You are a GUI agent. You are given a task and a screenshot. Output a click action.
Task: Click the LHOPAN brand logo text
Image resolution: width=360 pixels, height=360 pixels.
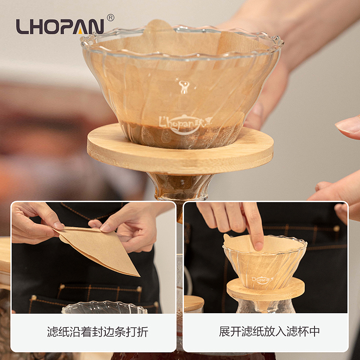[x=60, y=27]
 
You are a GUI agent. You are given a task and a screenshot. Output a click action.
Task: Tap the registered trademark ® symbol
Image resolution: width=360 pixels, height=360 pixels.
[x=111, y=18]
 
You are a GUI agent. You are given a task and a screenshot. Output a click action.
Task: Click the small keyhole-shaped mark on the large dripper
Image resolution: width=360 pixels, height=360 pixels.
[x=184, y=87]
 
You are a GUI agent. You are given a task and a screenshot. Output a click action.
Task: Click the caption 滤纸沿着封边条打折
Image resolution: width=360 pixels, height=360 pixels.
[x=98, y=332]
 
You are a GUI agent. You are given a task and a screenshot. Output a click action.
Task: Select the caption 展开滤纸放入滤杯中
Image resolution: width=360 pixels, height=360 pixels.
[x=269, y=332]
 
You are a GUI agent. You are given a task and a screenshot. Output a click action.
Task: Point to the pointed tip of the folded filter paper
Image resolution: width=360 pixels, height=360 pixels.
[x=139, y=276]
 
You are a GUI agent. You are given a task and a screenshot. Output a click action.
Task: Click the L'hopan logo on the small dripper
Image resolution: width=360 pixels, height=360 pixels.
[x=262, y=280]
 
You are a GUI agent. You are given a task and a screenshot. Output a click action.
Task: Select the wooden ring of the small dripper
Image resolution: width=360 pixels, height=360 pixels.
[x=265, y=289]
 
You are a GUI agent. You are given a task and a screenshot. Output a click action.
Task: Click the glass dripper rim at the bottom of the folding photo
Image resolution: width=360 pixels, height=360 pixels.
[x=104, y=307]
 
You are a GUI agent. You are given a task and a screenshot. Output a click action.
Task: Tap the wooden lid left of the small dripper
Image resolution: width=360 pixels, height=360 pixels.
[x=193, y=303]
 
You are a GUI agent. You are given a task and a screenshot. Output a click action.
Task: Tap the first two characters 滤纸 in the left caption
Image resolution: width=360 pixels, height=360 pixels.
[x=58, y=332]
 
